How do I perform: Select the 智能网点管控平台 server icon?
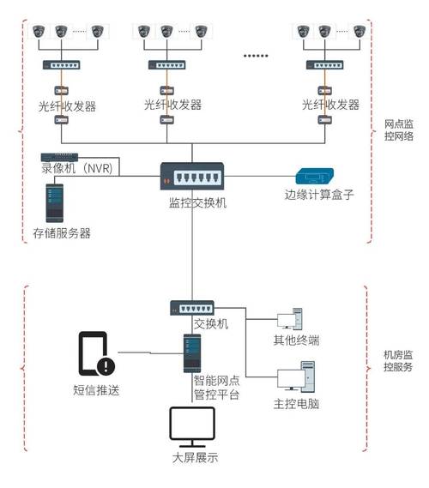click(191, 350)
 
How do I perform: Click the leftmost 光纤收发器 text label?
click(67, 106)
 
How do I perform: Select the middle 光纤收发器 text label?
click(172, 105)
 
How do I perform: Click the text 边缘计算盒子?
click(319, 195)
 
